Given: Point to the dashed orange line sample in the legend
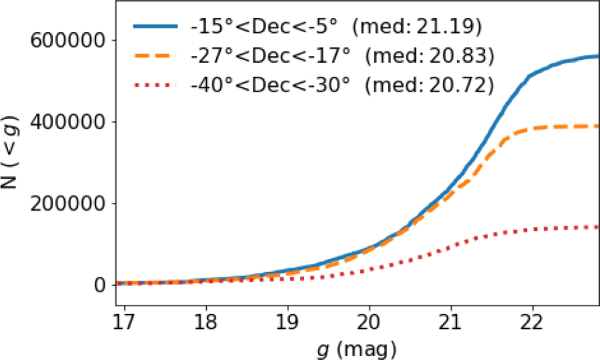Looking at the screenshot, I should (154, 57).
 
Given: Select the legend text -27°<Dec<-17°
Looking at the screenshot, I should (268, 57).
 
